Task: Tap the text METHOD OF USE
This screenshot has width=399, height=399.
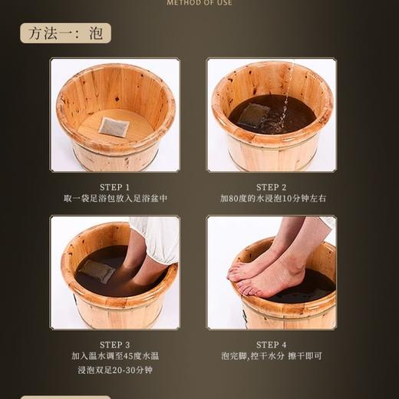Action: pos(199,3)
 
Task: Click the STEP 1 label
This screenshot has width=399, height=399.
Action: pos(115,187)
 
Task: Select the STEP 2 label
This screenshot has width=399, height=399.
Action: pos(272,187)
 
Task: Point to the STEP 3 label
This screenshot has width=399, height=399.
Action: pos(115,345)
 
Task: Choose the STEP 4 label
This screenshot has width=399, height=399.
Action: pos(272,345)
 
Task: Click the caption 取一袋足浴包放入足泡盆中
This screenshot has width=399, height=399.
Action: pos(115,199)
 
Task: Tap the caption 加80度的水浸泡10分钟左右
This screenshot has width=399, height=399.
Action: pos(272,199)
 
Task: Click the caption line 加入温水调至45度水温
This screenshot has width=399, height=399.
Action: pos(115,356)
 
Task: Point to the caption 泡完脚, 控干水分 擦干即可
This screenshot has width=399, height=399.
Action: pos(272,356)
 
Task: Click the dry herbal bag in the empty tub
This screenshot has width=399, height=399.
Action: pos(114,126)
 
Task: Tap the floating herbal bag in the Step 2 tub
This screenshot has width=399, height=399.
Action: pos(253,115)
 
